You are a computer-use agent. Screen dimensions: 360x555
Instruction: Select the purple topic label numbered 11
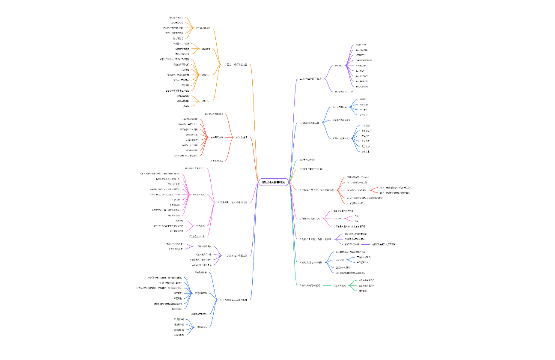(x=310, y=79)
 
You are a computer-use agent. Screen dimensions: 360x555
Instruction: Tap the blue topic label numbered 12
(x=310, y=123)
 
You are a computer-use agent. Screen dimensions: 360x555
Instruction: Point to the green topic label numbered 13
(x=307, y=159)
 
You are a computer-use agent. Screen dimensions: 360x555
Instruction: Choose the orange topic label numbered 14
(x=311, y=169)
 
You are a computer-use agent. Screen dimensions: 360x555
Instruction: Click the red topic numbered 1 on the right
(x=317, y=190)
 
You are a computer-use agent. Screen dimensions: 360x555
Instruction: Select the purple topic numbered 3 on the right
(x=316, y=239)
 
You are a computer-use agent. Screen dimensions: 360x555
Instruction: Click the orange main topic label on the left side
(x=236, y=65)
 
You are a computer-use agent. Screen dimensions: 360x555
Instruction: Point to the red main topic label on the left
(x=242, y=137)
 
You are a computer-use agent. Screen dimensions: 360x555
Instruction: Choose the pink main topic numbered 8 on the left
(x=233, y=202)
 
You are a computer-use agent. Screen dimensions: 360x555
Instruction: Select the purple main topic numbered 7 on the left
(x=236, y=255)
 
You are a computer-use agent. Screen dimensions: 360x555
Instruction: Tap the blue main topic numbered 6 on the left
(x=234, y=300)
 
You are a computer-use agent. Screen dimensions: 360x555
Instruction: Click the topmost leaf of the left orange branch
(x=176, y=18)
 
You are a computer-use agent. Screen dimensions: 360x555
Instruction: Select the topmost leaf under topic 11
(x=361, y=45)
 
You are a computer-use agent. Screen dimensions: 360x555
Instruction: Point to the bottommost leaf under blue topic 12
(x=365, y=152)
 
